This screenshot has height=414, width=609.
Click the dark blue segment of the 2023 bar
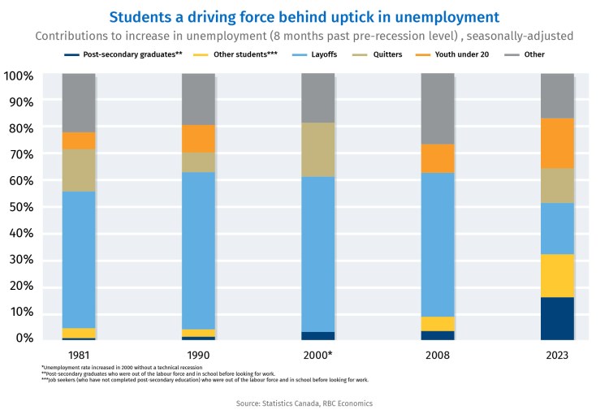(x=557, y=318)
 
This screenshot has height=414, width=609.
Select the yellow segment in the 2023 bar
(x=557, y=276)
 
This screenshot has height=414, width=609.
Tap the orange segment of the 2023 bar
(x=557, y=143)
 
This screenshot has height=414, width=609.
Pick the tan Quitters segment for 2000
(x=317, y=149)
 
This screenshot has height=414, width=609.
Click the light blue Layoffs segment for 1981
(x=79, y=260)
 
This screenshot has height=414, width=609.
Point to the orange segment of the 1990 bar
(x=198, y=139)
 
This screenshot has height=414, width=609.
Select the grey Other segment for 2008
(x=438, y=109)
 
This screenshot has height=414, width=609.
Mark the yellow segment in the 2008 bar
(x=438, y=324)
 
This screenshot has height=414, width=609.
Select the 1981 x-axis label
(x=79, y=356)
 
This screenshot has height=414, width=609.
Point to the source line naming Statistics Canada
(x=304, y=403)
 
